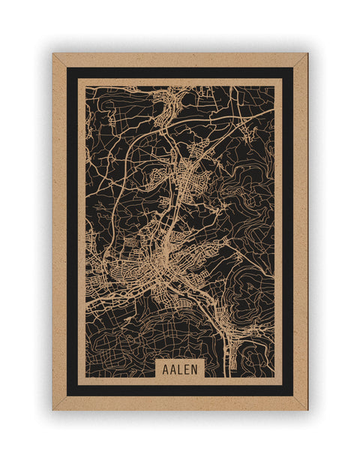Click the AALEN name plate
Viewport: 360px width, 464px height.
(x=179, y=369)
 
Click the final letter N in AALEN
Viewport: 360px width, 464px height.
(x=195, y=369)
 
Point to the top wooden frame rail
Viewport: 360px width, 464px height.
(x=180, y=59)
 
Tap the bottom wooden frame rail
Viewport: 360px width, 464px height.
(x=180, y=403)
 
